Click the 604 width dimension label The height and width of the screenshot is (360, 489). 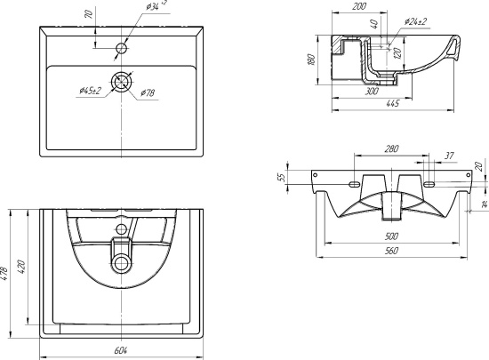(x=121, y=350)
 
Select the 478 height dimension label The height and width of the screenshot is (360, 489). (x=4, y=274)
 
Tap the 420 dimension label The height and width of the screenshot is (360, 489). (x=21, y=267)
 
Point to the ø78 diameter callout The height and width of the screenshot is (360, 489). (x=148, y=92)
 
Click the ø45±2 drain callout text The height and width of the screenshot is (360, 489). (x=91, y=91)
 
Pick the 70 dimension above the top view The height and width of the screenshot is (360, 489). (x=90, y=14)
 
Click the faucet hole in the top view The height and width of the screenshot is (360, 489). (x=121, y=48)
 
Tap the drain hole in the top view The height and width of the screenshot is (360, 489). (x=121, y=83)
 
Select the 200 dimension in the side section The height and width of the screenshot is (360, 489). (x=359, y=6)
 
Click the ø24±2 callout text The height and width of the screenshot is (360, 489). (x=415, y=21)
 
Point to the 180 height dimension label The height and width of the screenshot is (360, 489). (x=311, y=60)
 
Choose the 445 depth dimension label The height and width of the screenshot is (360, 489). (x=393, y=103)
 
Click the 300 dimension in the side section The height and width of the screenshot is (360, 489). (x=372, y=91)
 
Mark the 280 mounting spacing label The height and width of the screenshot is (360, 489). (x=391, y=148)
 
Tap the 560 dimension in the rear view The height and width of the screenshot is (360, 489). (x=392, y=251)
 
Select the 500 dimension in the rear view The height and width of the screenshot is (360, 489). (x=391, y=236)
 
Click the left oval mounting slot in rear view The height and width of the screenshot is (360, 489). (x=355, y=185)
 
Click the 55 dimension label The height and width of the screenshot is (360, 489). (x=281, y=177)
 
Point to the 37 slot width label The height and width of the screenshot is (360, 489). (x=449, y=156)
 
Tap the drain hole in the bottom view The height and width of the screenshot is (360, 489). (x=121, y=264)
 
